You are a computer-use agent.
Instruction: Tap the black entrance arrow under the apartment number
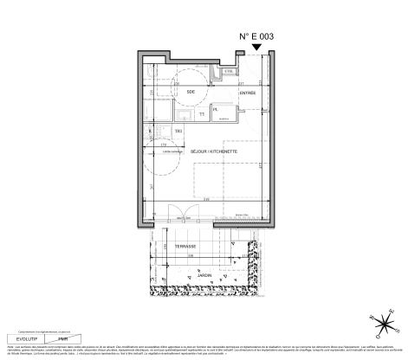tap(256, 48)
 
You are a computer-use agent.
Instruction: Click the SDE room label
tap(190, 91)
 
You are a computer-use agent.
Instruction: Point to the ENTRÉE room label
tap(248, 92)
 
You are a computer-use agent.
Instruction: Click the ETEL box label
tap(230, 71)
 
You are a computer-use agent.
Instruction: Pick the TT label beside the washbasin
tap(201, 112)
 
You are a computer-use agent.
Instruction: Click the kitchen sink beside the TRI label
tap(162, 132)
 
